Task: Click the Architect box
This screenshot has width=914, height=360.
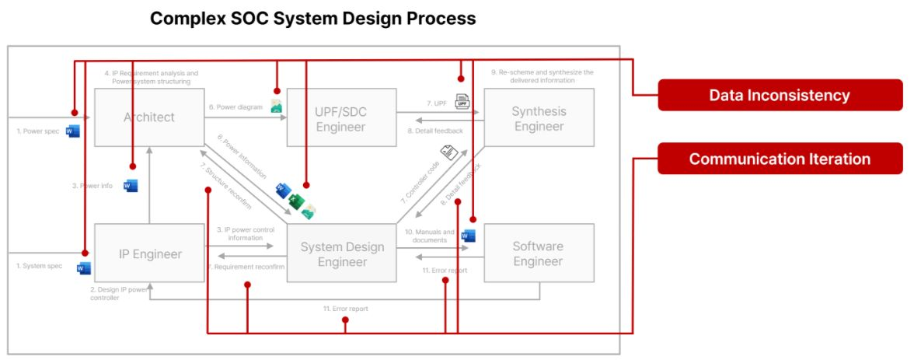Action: (x=149, y=117)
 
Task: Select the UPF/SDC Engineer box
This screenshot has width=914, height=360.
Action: (x=340, y=118)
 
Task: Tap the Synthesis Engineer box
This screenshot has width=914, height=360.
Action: (x=539, y=118)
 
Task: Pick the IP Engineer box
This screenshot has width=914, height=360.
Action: (x=149, y=253)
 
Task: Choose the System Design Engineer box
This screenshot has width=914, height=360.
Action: (x=342, y=254)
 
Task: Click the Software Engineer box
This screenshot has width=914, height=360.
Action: (x=538, y=253)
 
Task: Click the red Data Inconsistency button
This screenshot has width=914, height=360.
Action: (x=779, y=96)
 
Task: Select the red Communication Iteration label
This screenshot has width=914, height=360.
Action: (x=779, y=159)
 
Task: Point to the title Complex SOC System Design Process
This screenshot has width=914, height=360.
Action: (x=312, y=18)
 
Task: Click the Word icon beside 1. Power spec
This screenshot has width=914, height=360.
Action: (x=73, y=131)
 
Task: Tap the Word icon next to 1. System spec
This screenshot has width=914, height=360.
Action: (x=83, y=268)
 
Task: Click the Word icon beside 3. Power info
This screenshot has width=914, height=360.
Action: (x=131, y=186)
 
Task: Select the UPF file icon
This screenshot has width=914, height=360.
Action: (x=462, y=101)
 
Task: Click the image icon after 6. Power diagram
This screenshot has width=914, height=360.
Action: (x=276, y=107)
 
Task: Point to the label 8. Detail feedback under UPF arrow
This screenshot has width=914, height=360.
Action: (x=434, y=131)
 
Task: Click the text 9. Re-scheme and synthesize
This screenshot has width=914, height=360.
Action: (x=542, y=76)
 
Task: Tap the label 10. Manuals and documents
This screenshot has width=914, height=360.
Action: (x=430, y=236)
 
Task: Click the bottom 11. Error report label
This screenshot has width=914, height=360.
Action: (x=345, y=309)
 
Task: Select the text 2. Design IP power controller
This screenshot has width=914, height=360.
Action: (x=118, y=293)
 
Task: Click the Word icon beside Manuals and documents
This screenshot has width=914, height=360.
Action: (x=468, y=236)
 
